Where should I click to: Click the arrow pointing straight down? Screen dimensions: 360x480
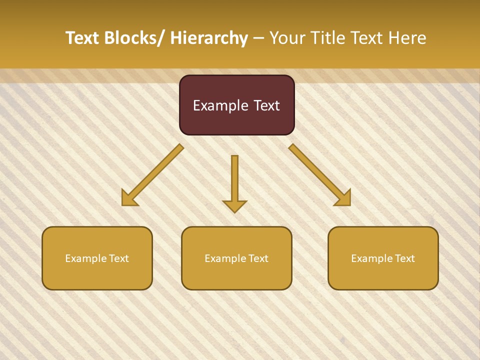[234, 182]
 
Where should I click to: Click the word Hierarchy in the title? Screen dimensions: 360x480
[209, 38]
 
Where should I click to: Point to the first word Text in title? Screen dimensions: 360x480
[83, 38]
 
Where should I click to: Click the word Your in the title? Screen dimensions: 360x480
[287, 38]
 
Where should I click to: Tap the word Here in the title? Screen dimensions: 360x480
[407, 38]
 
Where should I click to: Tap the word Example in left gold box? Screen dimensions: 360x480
[86, 258]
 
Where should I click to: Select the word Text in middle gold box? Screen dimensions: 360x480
[257, 258]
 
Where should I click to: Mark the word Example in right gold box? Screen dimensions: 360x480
[372, 258]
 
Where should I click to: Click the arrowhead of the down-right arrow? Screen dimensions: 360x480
[344, 199]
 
